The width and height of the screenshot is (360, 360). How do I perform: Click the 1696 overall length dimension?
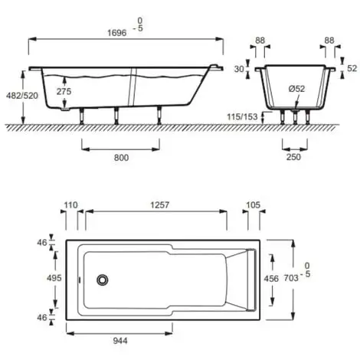pos(116,33)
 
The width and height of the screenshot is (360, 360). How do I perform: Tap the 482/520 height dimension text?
pos(22,96)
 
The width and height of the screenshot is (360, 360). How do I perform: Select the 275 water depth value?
pos(64,91)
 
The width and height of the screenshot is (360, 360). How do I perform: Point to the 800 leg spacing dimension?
pos(121,158)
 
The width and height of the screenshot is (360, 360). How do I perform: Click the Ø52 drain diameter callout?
pos(296,89)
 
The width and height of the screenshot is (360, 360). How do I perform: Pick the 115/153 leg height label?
pos(242,117)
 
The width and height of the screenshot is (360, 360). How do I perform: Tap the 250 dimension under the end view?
pos(293,157)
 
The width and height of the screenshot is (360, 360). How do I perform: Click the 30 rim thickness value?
pos(239,69)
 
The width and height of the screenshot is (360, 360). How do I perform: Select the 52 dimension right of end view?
pos(352,68)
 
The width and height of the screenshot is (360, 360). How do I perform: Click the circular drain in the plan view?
pos(103,280)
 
